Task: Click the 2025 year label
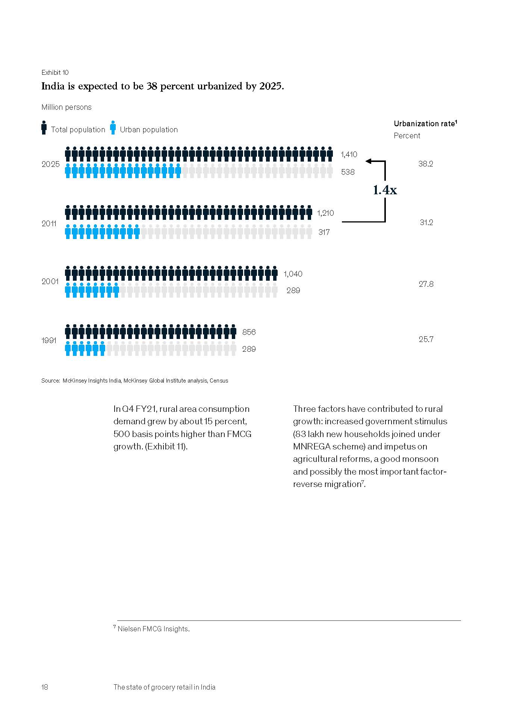[x=50, y=164]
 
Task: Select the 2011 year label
[x=49, y=224]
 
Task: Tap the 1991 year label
[x=48, y=340]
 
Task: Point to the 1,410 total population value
[x=349, y=154]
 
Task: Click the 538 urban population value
[x=348, y=172]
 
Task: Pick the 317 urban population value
[x=324, y=232]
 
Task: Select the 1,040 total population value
[x=293, y=274]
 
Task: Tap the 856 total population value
[x=249, y=332]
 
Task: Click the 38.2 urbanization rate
[x=426, y=164]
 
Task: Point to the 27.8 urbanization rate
[x=426, y=284]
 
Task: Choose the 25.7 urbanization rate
[x=426, y=339]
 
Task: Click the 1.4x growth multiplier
[x=385, y=190]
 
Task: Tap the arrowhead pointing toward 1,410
[x=369, y=161]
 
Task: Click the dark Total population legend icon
[x=44, y=128]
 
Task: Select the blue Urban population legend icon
[x=113, y=128]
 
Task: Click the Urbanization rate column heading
[x=425, y=124]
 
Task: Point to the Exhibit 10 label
[x=55, y=73]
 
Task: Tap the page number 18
[x=45, y=687]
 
